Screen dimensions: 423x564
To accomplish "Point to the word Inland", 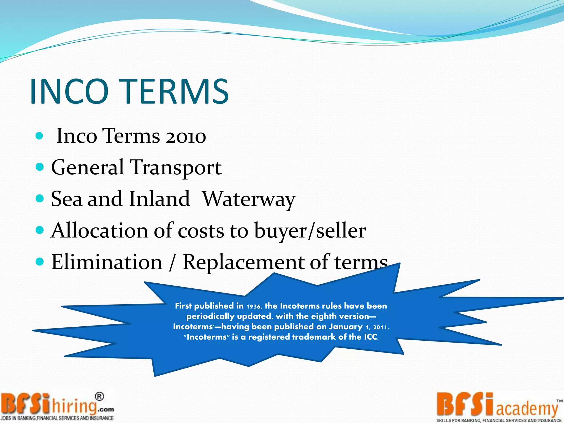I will (159, 199).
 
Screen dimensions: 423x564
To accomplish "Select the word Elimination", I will (107, 262).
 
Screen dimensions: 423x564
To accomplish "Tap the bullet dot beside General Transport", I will (40, 167).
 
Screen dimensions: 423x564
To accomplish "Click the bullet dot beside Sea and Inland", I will (40, 198).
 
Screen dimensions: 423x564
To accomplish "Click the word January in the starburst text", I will (346, 327).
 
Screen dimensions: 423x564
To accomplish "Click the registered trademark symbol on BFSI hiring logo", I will (99, 397).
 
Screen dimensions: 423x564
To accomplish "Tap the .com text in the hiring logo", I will (106, 410).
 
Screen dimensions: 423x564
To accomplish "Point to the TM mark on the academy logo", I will (559, 401).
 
